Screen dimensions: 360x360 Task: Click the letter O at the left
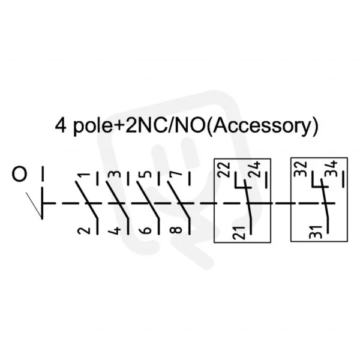[19, 174]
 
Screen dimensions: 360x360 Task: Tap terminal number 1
[83, 175]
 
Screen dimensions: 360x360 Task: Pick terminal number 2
[84, 230]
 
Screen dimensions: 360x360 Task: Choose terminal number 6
[145, 230]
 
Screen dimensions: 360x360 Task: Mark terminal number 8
[176, 230]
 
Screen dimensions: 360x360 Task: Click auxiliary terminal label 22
[224, 170]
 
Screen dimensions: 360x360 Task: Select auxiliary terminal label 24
[254, 169]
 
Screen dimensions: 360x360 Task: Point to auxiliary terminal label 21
[239, 233]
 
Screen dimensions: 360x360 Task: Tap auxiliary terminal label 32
[301, 169]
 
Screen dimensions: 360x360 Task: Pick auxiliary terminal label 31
[316, 232]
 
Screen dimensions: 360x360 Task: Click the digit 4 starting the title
[61, 125]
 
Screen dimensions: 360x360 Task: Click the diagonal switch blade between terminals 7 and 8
[179, 199]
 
